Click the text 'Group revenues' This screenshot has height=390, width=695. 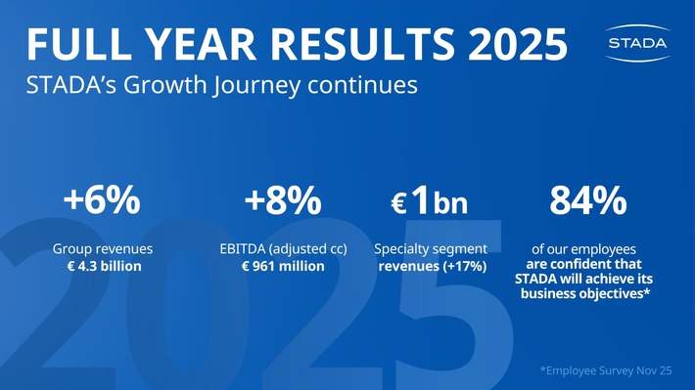(102, 249)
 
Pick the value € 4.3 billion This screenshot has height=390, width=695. (102, 266)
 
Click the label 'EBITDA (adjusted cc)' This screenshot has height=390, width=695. (283, 249)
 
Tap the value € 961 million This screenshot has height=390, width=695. (283, 266)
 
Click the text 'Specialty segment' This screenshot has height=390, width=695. (432, 249)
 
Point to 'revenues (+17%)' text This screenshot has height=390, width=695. (432, 267)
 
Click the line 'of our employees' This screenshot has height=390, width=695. (583, 249)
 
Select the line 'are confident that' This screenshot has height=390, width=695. (583, 264)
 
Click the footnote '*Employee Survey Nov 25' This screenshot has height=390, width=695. (606, 370)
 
